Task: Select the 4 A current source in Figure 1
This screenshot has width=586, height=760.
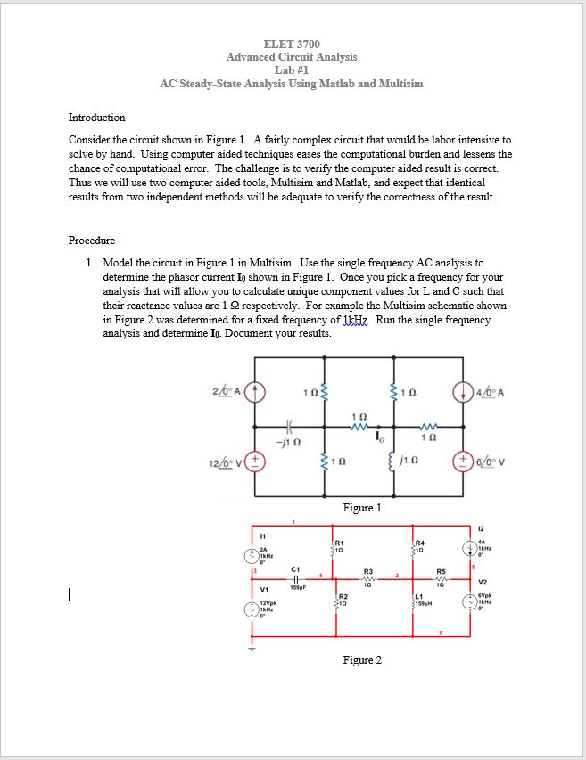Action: point(462,388)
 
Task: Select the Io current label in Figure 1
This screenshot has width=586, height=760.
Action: point(380,437)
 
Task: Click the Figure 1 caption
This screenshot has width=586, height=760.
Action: point(362,508)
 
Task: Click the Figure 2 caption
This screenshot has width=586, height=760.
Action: point(362,660)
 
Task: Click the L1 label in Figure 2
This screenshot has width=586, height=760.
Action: point(418,595)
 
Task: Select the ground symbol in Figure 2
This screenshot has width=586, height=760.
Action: point(253,648)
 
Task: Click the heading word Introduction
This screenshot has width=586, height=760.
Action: point(96,118)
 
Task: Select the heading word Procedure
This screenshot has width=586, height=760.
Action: point(91,241)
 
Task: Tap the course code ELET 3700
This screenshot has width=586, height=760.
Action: point(292,45)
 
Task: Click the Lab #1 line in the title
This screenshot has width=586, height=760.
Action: point(292,69)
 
